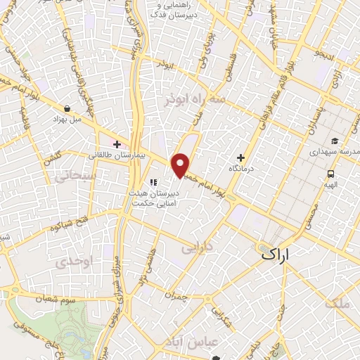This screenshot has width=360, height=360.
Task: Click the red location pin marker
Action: click(x=181, y=165)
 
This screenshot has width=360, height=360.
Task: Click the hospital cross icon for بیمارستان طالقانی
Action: click(x=117, y=144)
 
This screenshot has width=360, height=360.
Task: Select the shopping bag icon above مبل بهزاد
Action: click(x=66, y=109)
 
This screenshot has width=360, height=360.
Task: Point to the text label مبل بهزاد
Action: click(x=67, y=120)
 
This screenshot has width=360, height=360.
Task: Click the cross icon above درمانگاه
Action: click(x=241, y=157)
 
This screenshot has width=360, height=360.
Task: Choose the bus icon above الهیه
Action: click(x=329, y=173)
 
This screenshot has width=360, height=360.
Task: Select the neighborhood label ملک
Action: click(x=337, y=304)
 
